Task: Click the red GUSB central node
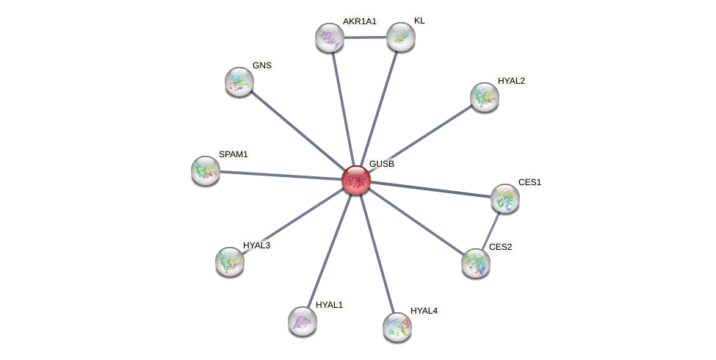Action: pyautogui.click(x=356, y=180)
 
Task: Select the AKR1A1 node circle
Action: pyautogui.click(x=330, y=37)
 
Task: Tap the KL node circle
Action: pyautogui.click(x=401, y=37)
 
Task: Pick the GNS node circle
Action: pyautogui.click(x=239, y=81)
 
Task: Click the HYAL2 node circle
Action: pyautogui.click(x=485, y=96)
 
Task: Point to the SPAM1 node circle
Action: pyautogui.click(x=206, y=170)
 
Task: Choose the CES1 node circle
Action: pyautogui.click(x=505, y=198)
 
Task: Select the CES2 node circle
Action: pyautogui.click(x=476, y=262)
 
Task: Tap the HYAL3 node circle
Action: pyautogui.click(x=230, y=261)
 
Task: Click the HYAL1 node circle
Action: pyautogui.click(x=303, y=320)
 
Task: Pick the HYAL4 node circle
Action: pyautogui.click(x=397, y=326)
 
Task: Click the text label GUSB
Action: pyautogui.click(x=382, y=164)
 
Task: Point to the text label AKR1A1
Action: pyautogui.click(x=359, y=21)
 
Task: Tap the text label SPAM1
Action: pyautogui.click(x=234, y=154)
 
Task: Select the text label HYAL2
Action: pyautogui.click(x=511, y=81)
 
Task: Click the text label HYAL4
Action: pyautogui.click(x=424, y=311)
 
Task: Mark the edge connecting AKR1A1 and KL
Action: pyautogui.click(x=365, y=37)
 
